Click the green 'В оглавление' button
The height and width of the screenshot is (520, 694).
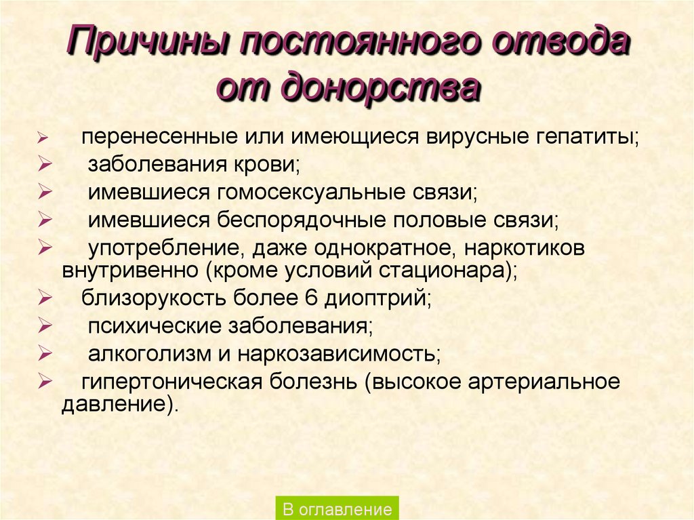pyautogui.click(x=337, y=508)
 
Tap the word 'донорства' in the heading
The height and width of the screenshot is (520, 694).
pyautogui.click(x=376, y=87)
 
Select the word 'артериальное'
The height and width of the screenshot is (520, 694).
pyautogui.click(x=543, y=382)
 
